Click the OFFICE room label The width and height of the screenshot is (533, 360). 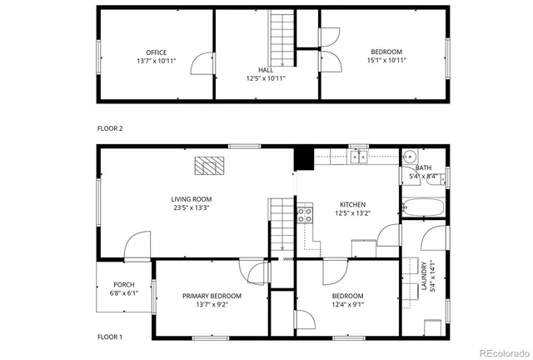pos(157,52)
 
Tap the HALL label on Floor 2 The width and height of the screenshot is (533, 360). pos(265,71)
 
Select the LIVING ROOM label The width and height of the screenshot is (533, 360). pos(192,199)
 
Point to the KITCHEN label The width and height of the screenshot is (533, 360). pos(352,205)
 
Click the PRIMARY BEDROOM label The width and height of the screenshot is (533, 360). pos(212,296)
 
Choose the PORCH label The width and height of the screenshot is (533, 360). pos(124,285)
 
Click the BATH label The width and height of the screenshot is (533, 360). pos(423,167)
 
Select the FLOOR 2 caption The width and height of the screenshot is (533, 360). pos(110,128)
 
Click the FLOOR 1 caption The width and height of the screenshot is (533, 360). pos(110,337)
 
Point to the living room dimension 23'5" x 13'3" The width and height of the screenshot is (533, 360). pos(192,209)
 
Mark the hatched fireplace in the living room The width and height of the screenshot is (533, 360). pos(210,165)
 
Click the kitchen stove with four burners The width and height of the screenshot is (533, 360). pos(305,217)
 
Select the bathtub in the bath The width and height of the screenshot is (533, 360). pos(423,208)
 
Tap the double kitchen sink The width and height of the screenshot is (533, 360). pos(359,156)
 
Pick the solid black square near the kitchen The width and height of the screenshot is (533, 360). pos(302,157)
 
